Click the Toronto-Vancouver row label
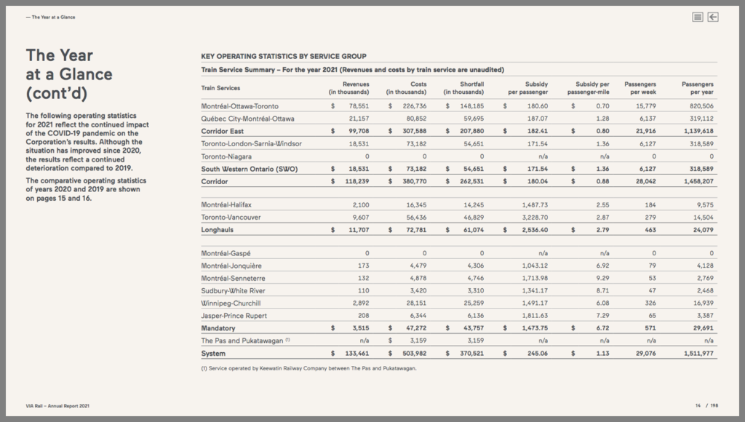click(x=231, y=217)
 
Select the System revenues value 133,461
click(x=355, y=354)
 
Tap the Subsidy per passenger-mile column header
click(x=592, y=88)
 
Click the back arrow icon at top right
click(x=713, y=17)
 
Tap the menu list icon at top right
click(x=698, y=17)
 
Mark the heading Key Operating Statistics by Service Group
click(x=283, y=56)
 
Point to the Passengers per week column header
click(x=640, y=88)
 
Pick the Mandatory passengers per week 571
click(x=650, y=328)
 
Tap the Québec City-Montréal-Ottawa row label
click(x=247, y=119)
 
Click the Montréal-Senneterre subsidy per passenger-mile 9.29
click(x=602, y=279)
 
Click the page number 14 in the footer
click(x=697, y=405)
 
